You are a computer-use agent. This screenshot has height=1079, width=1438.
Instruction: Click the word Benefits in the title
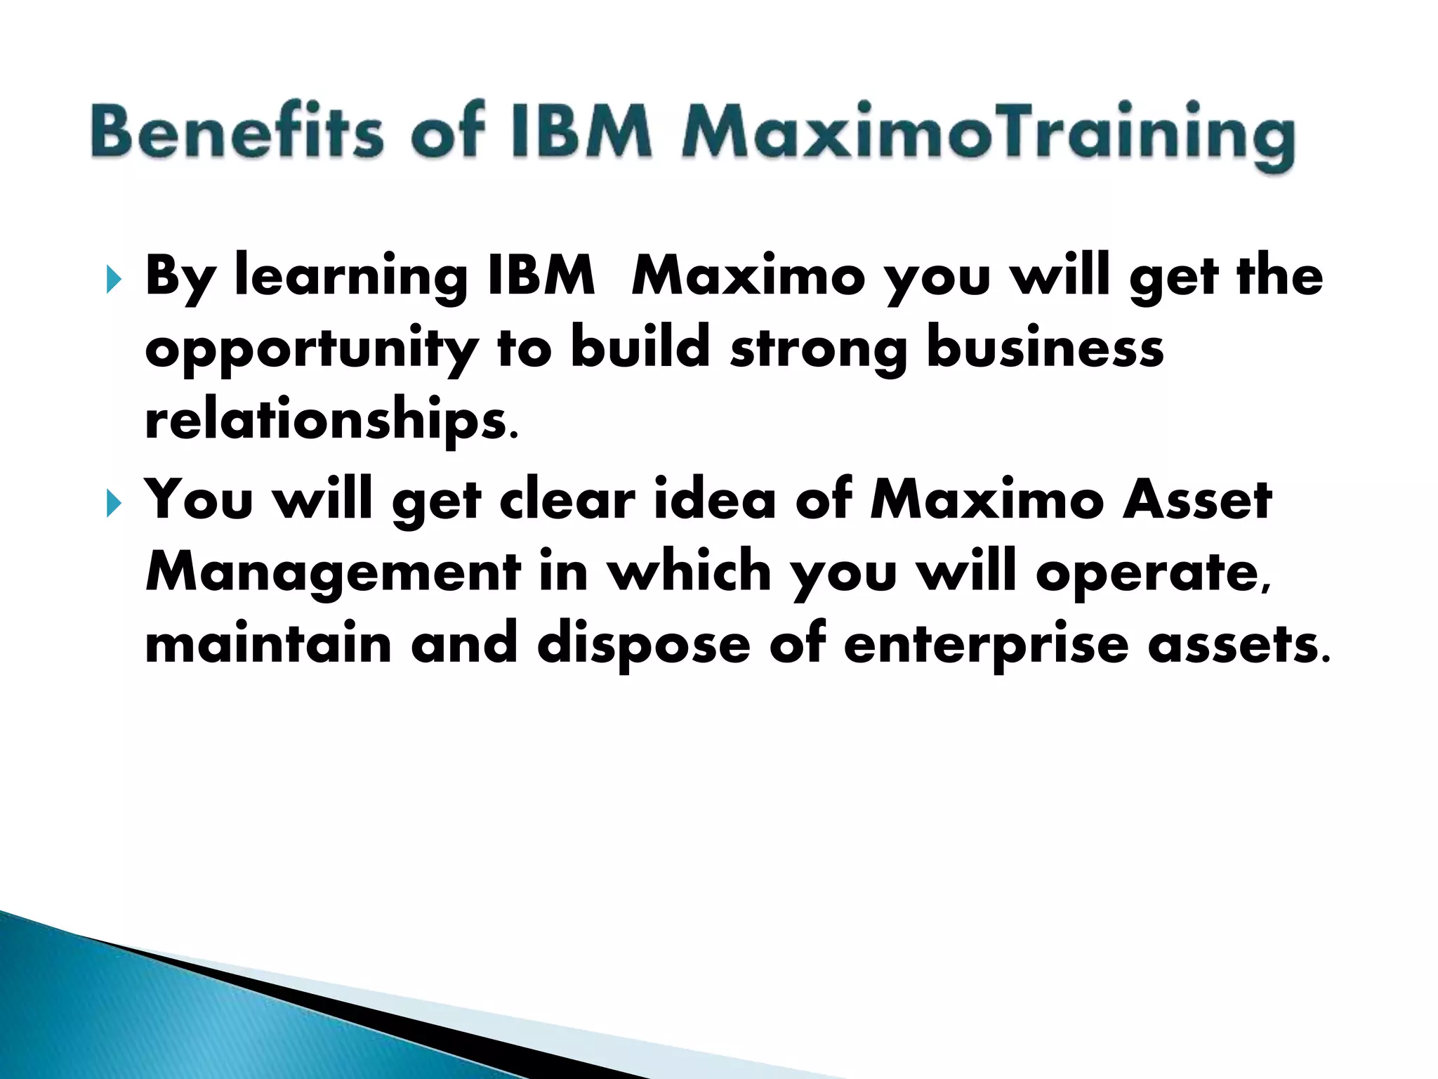coord(237,131)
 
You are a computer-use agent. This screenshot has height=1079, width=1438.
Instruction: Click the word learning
coord(351,277)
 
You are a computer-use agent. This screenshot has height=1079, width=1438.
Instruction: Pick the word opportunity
coord(312,349)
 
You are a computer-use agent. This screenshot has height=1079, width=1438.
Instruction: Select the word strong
coord(819,349)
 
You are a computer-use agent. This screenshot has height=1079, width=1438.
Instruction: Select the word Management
coord(333,573)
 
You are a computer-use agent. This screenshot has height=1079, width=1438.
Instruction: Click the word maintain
coord(268,643)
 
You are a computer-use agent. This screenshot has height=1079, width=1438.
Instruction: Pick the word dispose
coord(644,645)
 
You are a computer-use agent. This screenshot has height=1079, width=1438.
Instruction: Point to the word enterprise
coord(986,645)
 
